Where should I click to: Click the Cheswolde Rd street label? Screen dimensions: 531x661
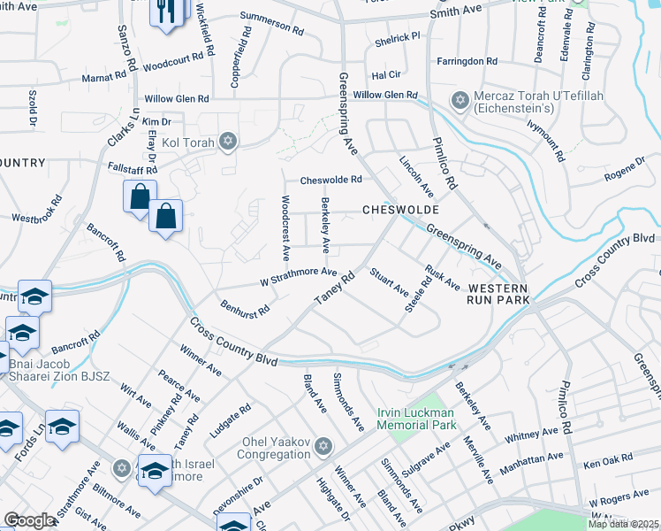pos(331,180)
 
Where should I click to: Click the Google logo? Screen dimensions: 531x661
pos(29,519)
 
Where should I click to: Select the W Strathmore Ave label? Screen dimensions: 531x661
pos(299,276)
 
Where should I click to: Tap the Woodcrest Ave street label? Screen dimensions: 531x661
pos(285,227)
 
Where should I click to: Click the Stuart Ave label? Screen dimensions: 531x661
pos(389,281)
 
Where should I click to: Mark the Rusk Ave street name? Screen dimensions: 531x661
pos(442,278)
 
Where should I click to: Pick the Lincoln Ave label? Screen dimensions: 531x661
pos(415,176)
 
